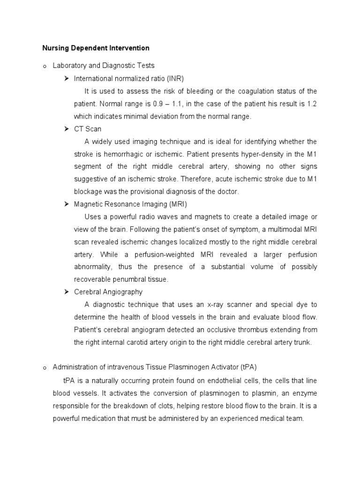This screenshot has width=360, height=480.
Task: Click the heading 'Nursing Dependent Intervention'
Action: pyautogui.click(x=96, y=48)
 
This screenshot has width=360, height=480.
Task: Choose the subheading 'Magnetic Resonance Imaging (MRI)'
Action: pyautogui.click(x=130, y=204)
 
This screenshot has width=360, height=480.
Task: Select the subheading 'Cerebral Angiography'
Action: pyautogui.click(x=108, y=292)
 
